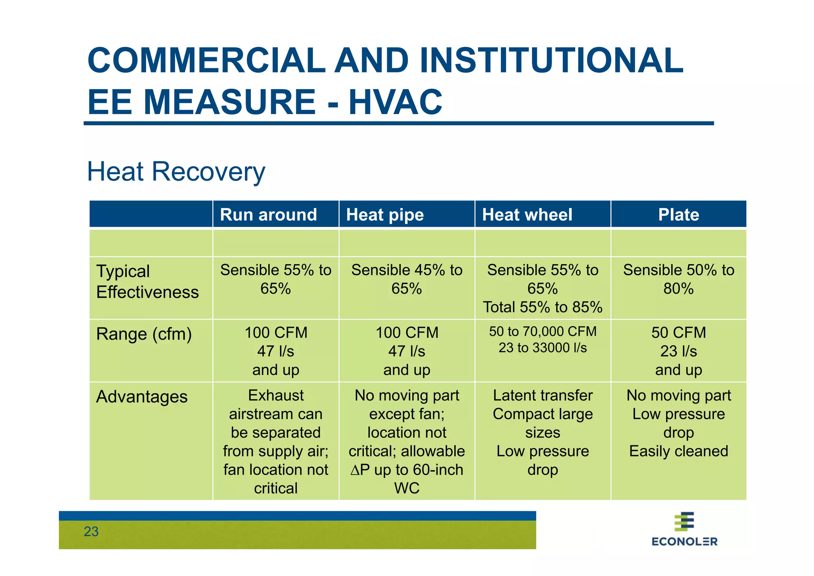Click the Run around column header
click(268, 215)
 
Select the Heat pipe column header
click(385, 215)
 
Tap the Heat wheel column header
click(527, 215)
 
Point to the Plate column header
click(678, 215)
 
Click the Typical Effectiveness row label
click(147, 282)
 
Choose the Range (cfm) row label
click(144, 334)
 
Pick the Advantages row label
click(142, 397)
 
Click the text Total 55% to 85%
click(543, 307)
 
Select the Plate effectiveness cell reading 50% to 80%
click(678, 279)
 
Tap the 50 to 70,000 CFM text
click(543, 331)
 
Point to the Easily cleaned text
click(678, 451)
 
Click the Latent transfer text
click(543, 395)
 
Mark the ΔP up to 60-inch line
click(407, 470)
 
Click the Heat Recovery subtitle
click(176, 172)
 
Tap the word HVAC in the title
click(395, 102)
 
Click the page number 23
click(91, 531)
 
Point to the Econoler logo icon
click(684, 522)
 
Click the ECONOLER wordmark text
click(684, 541)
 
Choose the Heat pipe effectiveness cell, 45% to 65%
click(407, 279)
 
